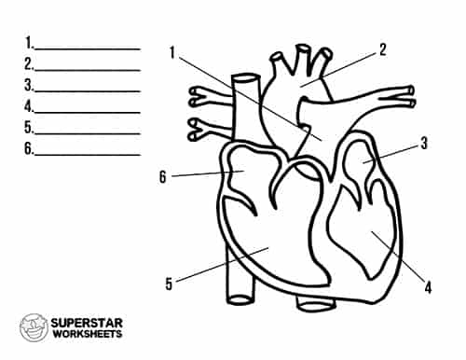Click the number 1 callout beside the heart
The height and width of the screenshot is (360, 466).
click(x=173, y=52)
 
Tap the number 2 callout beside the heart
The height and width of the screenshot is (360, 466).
click(x=383, y=48)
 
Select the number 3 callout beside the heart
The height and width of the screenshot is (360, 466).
click(x=424, y=144)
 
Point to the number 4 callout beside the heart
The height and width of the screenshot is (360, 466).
click(x=428, y=286)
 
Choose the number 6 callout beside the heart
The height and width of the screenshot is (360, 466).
click(x=163, y=176)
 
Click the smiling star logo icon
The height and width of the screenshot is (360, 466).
click(x=34, y=327)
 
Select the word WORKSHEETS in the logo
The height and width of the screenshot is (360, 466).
click(x=94, y=335)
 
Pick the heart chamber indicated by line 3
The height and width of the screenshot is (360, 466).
click(x=363, y=165)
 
